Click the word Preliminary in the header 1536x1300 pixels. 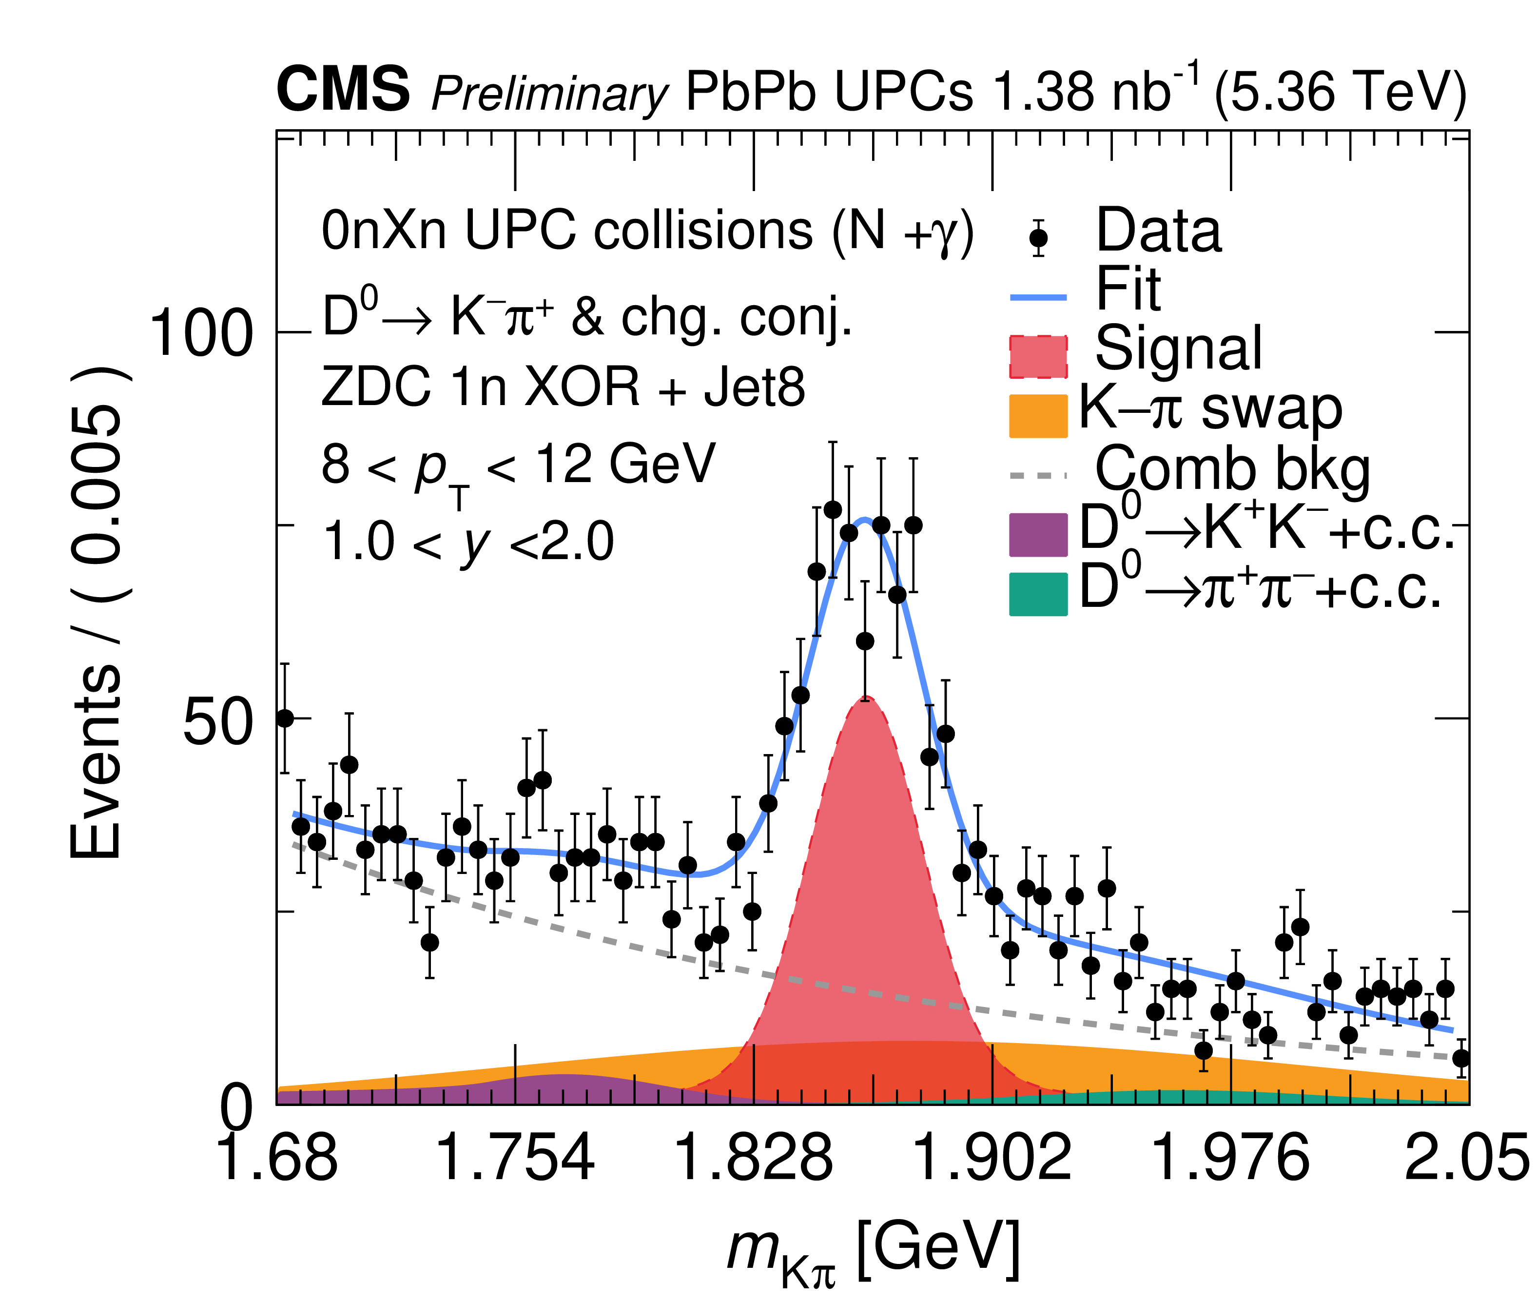[549, 94]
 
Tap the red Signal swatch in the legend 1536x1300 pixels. [1038, 357]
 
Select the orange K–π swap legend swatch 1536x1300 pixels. [1038, 416]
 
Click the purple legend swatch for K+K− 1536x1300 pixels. [1038, 534]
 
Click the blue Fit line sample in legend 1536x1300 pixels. [1038, 297]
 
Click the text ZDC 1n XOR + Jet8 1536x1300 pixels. [563, 387]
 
